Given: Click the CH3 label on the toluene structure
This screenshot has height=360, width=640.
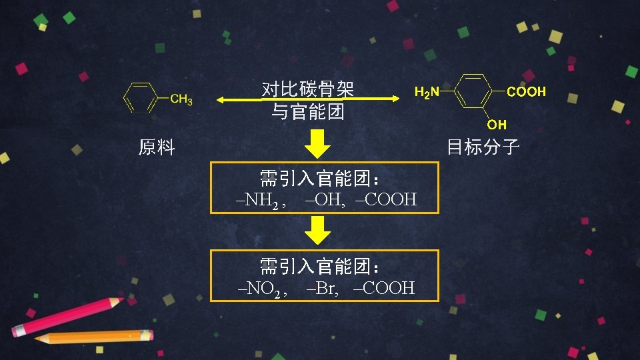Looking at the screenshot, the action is pyautogui.click(x=181, y=100).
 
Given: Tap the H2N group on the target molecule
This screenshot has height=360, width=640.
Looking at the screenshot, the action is pyautogui.click(x=427, y=92).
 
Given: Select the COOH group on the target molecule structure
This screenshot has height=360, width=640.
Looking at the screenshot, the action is pyautogui.click(x=526, y=92).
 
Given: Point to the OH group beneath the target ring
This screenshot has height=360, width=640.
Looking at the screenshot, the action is pyautogui.click(x=497, y=125).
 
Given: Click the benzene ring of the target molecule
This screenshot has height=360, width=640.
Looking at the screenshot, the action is pyautogui.click(x=473, y=91).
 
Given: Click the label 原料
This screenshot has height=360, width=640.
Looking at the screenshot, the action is pyautogui.click(x=157, y=147).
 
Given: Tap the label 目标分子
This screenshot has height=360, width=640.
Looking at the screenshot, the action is pyautogui.click(x=483, y=147).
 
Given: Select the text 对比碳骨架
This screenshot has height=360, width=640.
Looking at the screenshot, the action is pyautogui.click(x=307, y=89).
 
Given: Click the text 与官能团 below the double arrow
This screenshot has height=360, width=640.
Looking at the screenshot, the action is pyautogui.click(x=307, y=111).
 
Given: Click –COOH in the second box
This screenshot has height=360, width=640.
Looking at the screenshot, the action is pyautogui.click(x=385, y=288).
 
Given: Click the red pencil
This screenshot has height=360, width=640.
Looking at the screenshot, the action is pyautogui.click(x=67, y=316).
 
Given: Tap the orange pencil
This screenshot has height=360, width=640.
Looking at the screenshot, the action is pyautogui.click(x=93, y=337).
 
